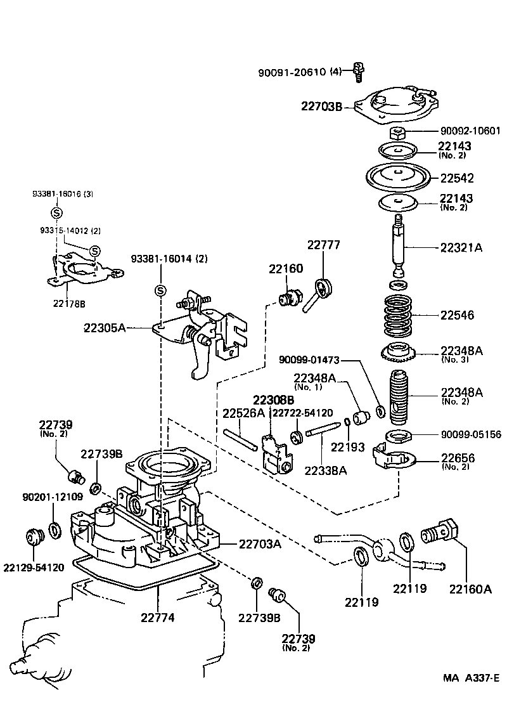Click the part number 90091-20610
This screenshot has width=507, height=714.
[x=292, y=72]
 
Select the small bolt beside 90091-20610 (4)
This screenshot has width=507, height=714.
[x=358, y=72]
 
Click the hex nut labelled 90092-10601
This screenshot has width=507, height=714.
[x=397, y=133]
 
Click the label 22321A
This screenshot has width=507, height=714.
[x=461, y=248]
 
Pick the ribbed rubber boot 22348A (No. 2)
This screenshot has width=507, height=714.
[x=398, y=398]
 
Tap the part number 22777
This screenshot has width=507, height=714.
[x=324, y=245]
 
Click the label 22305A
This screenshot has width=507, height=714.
[x=105, y=328]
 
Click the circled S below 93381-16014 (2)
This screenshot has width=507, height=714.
[x=160, y=290]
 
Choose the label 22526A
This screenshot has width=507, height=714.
[x=243, y=413]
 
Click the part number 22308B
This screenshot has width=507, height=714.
[x=274, y=400]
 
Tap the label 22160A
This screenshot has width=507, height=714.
[x=471, y=588]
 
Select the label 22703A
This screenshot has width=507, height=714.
[x=259, y=543]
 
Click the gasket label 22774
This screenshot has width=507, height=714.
[x=158, y=616]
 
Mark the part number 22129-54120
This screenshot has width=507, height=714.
[x=34, y=568]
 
